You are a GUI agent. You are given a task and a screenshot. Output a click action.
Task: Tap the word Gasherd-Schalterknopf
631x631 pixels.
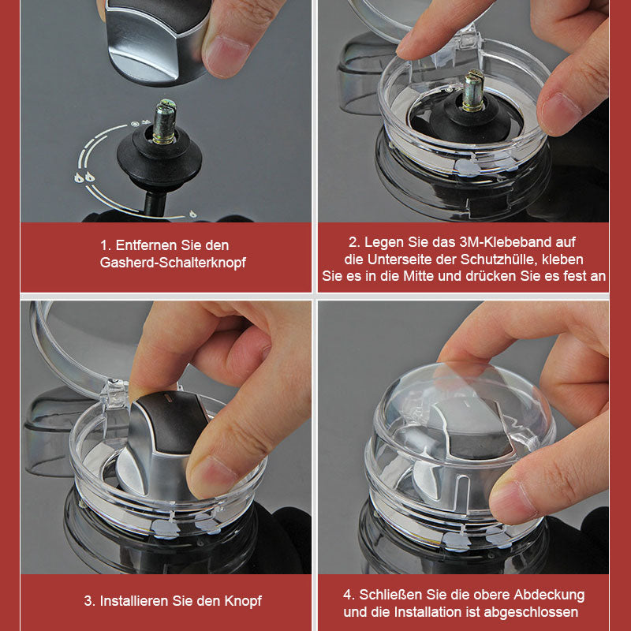click(173, 263)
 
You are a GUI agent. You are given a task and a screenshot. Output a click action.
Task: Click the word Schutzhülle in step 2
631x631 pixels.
click(495, 259)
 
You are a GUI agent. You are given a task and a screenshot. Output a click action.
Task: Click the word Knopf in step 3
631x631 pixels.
click(243, 601)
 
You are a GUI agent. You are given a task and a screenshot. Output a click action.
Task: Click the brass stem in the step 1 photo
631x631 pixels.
click(164, 121)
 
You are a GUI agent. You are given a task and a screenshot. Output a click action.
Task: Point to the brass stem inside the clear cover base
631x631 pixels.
click(473, 91)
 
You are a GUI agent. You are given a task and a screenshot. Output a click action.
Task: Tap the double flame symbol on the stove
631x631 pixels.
click(84, 177)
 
